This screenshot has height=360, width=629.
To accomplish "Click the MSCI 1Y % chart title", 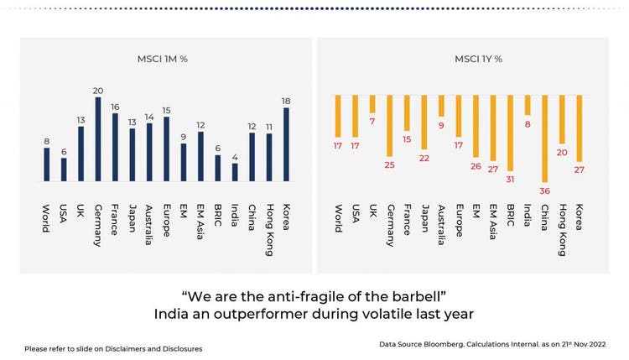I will click(x=479, y=59).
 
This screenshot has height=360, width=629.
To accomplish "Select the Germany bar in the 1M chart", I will click(x=98, y=139).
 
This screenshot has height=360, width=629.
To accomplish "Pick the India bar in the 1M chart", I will click(x=235, y=172).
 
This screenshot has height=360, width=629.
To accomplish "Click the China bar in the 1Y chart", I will click(x=544, y=138).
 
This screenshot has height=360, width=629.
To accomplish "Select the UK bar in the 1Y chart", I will click(x=372, y=104).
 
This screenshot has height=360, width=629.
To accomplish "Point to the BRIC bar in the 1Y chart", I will click(x=510, y=132).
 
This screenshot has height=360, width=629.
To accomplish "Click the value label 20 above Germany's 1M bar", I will click(x=98, y=91).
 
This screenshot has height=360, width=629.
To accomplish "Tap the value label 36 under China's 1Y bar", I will click(x=544, y=190).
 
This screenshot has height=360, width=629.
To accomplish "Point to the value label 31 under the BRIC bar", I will click(x=510, y=178).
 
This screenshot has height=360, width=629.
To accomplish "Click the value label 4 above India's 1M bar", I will click(x=235, y=157).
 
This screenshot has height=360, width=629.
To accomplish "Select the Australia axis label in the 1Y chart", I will click(x=441, y=222).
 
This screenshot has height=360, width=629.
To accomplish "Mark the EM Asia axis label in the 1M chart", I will click(x=200, y=222).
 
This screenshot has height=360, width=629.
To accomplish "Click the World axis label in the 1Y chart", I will click(x=338, y=217).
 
